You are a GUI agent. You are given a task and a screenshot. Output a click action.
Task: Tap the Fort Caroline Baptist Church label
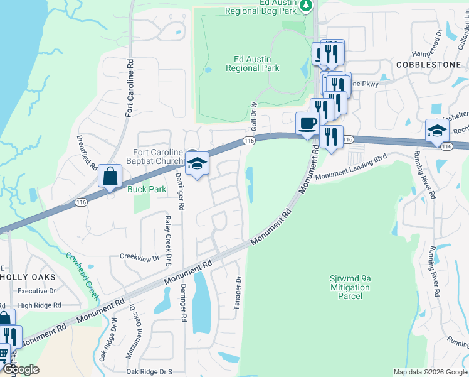pyautogui.click(x=158, y=156)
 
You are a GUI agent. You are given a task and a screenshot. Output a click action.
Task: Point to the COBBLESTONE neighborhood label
pyautogui.click(x=428, y=65)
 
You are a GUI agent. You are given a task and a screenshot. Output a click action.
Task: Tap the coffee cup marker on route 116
pyautogui.click(x=307, y=123)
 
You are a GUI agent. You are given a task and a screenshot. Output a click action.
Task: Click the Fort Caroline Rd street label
pyautogui.click(x=130, y=88)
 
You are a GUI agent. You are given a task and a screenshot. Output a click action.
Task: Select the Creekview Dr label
pyautogui.click(x=140, y=258)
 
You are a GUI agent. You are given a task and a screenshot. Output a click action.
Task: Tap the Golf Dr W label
pyautogui.click(x=255, y=116)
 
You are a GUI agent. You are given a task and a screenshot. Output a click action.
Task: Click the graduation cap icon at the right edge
pyautogui.click(x=437, y=131)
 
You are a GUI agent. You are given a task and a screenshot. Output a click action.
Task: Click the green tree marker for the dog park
pyautogui.click(x=305, y=6)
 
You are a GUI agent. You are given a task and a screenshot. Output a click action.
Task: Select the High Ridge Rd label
pyautogui.click(x=40, y=305)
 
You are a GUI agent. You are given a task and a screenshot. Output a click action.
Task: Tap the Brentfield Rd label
pyautogui.click(x=87, y=152)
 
